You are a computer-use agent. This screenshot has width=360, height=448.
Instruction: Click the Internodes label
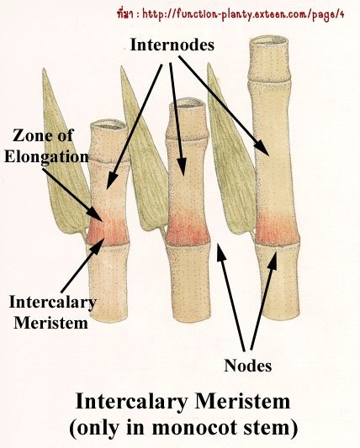(172, 45)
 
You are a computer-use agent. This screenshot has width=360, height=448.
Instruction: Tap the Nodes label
(247, 366)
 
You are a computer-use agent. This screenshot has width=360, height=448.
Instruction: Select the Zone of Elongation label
(46, 146)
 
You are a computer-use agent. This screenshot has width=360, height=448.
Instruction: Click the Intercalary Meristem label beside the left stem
(52, 313)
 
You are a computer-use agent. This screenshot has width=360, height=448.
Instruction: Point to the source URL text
(230, 14)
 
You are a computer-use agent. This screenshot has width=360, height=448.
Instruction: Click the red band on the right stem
(276, 230)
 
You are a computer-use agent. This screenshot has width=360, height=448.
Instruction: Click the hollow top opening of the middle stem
(188, 103)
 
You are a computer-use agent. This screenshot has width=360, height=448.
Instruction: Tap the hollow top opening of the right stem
(268, 40)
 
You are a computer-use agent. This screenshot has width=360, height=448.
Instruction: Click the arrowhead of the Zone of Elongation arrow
(97, 213)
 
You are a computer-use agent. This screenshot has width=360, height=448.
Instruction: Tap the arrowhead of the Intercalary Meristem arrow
(97, 245)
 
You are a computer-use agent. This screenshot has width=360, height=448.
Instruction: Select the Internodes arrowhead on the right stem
(262, 148)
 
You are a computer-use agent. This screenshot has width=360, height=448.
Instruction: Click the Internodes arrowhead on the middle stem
(182, 167)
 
